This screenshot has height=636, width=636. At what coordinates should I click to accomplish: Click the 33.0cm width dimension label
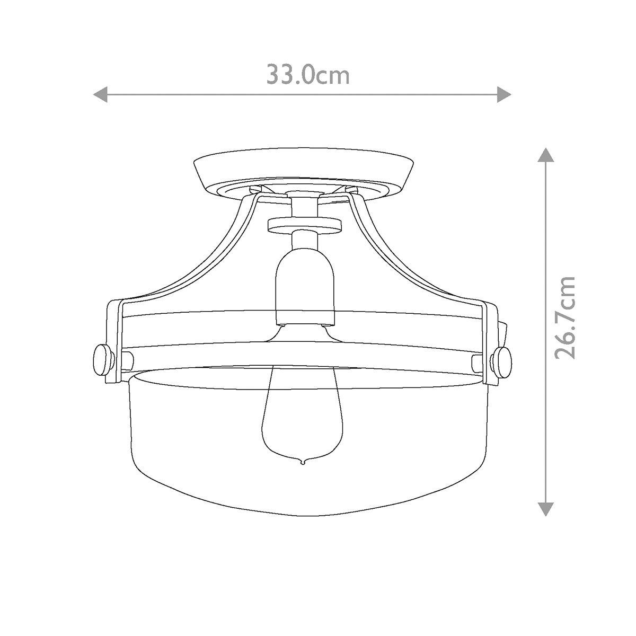click(x=307, y=75)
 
